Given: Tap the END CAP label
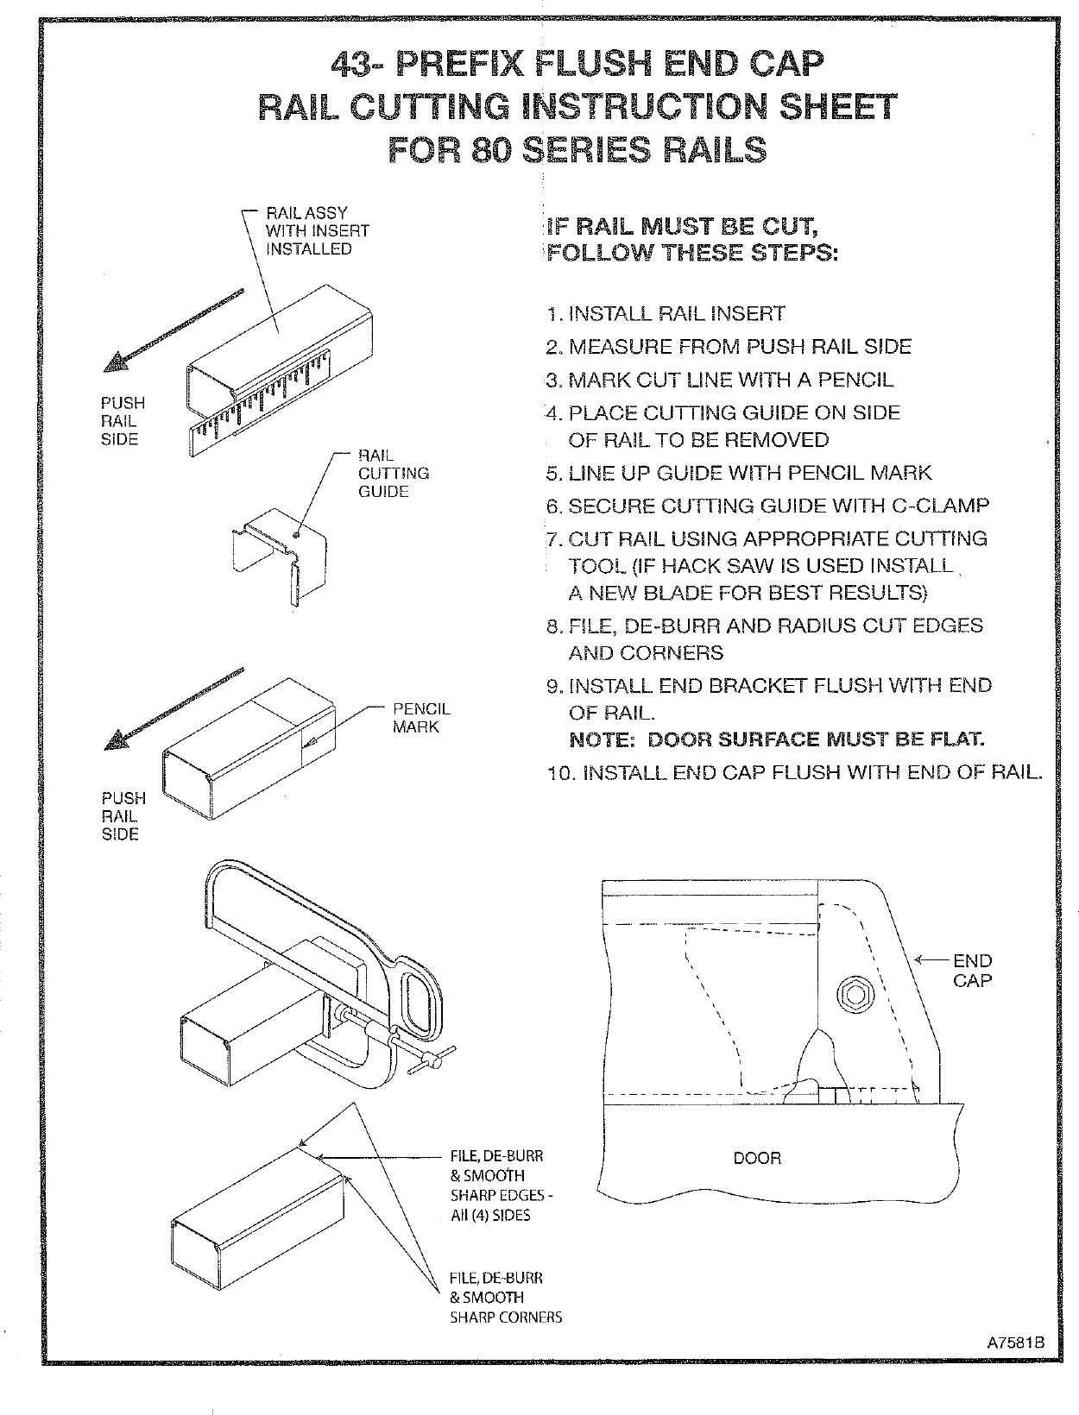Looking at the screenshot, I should point(972,971).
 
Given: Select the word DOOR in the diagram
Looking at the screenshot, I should point(757,1158).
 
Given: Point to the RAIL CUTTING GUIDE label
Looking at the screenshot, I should point(394,473).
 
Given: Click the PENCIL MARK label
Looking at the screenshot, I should point(421,718).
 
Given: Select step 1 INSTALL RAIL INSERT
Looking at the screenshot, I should point(666,313).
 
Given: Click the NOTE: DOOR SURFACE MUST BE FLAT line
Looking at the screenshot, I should point(777,739).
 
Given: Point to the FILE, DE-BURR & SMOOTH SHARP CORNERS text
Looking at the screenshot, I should point(505,1297).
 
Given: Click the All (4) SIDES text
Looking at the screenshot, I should point(489,1215).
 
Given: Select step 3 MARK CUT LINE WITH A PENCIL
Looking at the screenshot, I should point(721,380).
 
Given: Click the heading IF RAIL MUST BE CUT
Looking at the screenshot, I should point(682,227).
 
